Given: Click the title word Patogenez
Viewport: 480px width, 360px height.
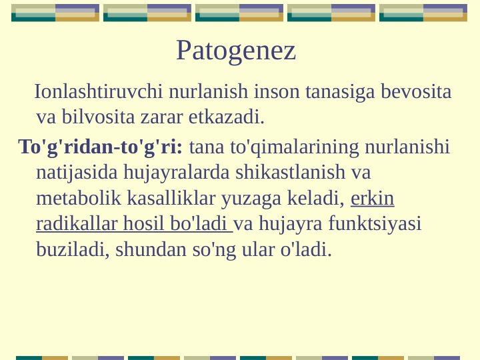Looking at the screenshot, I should pyautogui.click(x=236, y=51).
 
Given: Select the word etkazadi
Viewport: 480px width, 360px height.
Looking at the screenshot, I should pyautogui.click(x=227, y=117).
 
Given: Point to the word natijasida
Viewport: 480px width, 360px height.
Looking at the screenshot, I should pyautogui.click(x=77, y=172).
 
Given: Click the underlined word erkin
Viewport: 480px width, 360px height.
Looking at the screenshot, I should pyautogui.click(x=372, y=198).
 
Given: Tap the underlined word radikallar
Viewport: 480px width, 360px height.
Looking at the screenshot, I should pyautogui.click(x=76, y=224).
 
